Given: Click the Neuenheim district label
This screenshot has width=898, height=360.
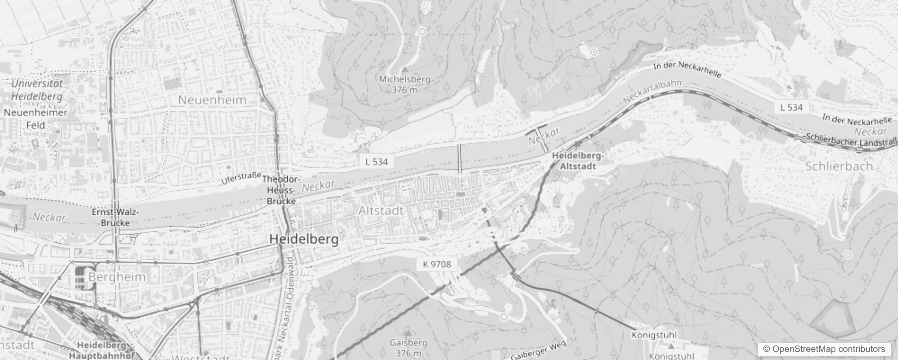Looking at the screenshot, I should [x=212, y=100].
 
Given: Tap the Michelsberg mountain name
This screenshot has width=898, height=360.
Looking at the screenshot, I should [x=404, y=80].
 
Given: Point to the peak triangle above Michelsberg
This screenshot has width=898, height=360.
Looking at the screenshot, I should [x=405, y=70].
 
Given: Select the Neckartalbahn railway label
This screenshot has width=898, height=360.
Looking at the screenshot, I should [x=652, y=91].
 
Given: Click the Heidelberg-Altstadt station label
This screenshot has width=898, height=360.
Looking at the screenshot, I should [x=578, y=161].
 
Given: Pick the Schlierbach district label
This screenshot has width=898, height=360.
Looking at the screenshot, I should [x=839, y=166].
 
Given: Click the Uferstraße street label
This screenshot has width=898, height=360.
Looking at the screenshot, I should [x=241, y=178].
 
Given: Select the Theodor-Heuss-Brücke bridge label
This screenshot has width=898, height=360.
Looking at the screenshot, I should [x=281, y=190].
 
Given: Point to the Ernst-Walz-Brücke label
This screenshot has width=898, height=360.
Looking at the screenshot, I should [x=115, y=217].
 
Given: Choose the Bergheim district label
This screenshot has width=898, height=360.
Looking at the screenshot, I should [x=117, y=277].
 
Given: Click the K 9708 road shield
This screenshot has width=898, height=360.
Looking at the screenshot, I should [x=436, y=264].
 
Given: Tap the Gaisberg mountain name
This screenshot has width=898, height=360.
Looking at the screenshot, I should [x=409, y=343].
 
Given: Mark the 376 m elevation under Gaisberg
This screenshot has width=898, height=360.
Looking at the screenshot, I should [x=409, y=353].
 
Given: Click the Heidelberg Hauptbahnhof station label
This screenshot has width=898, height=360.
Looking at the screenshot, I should [x=102, y=350].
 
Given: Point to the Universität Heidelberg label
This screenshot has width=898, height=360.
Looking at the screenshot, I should [x=37, y=90].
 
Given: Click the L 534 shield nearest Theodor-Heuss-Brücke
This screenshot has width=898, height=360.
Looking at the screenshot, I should [x=377, y=162].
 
